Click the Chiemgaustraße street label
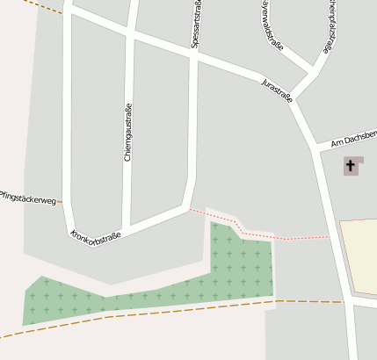(x=128, y=133)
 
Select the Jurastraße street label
(x=276, y=91)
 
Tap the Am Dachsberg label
(x=354, y=139)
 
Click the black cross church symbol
(x=352, y=164)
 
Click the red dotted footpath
(x=264, y=235)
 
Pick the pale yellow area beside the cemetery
(x=359, y=255)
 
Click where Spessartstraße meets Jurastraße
(x=195, y=54)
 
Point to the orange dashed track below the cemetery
(x=176, y=310)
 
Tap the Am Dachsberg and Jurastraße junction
(x=314, y=146)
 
